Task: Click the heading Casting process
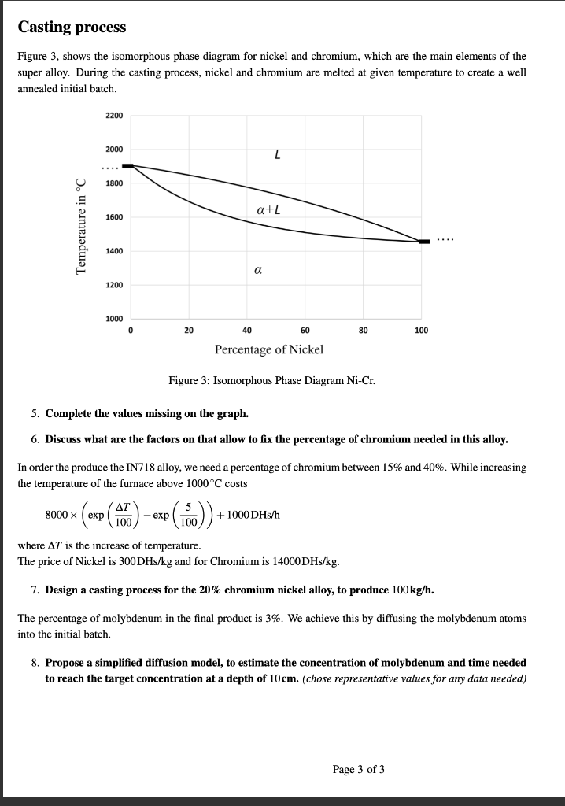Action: pyautogui.click(x=72, y=28)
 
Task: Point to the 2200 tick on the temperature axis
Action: pyautogui.click(x=114, y=116)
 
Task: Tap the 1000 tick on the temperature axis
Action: pyautogui.click(x=114, y=318)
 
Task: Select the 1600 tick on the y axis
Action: pyautogui.click(x=114, y=217)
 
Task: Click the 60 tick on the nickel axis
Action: pyautogui.click(x=305, y=331)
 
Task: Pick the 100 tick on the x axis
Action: pyautogui.click(x=421, y=331)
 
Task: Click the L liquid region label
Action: pyautogui.click(x=277, y=155)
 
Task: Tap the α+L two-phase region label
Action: pyautogui.click(x=268, y=209)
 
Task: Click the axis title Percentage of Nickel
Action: pyautogui.click(x=269, y=349)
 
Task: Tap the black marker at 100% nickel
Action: pyautogui.click(x=424, y=242)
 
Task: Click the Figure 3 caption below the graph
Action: pyautogui.click(x=271, y=381)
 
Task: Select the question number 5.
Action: pyautogui.click(x=35, y=413)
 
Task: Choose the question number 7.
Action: pyautogui.click(x=35, y=590)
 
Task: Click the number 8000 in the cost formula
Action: pyautogui.click(x=58, y=516)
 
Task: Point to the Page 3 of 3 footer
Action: pyautogui.click(x=359, y=769)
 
